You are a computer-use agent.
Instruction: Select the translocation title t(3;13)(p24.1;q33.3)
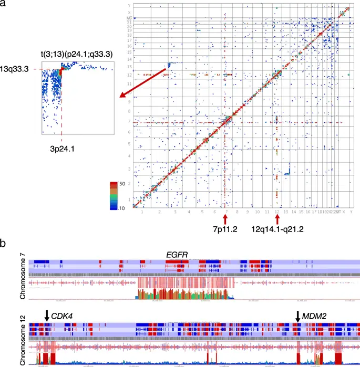[76, 54]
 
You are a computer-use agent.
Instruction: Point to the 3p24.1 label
[61, 149]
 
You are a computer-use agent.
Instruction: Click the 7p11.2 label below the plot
[225, 229]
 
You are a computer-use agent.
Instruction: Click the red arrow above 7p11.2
[225, 217]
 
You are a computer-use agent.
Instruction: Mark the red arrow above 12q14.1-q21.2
[277, 217]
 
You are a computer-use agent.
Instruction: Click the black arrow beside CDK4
[47, 315]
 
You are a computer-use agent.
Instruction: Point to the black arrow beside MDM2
[298, 315]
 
